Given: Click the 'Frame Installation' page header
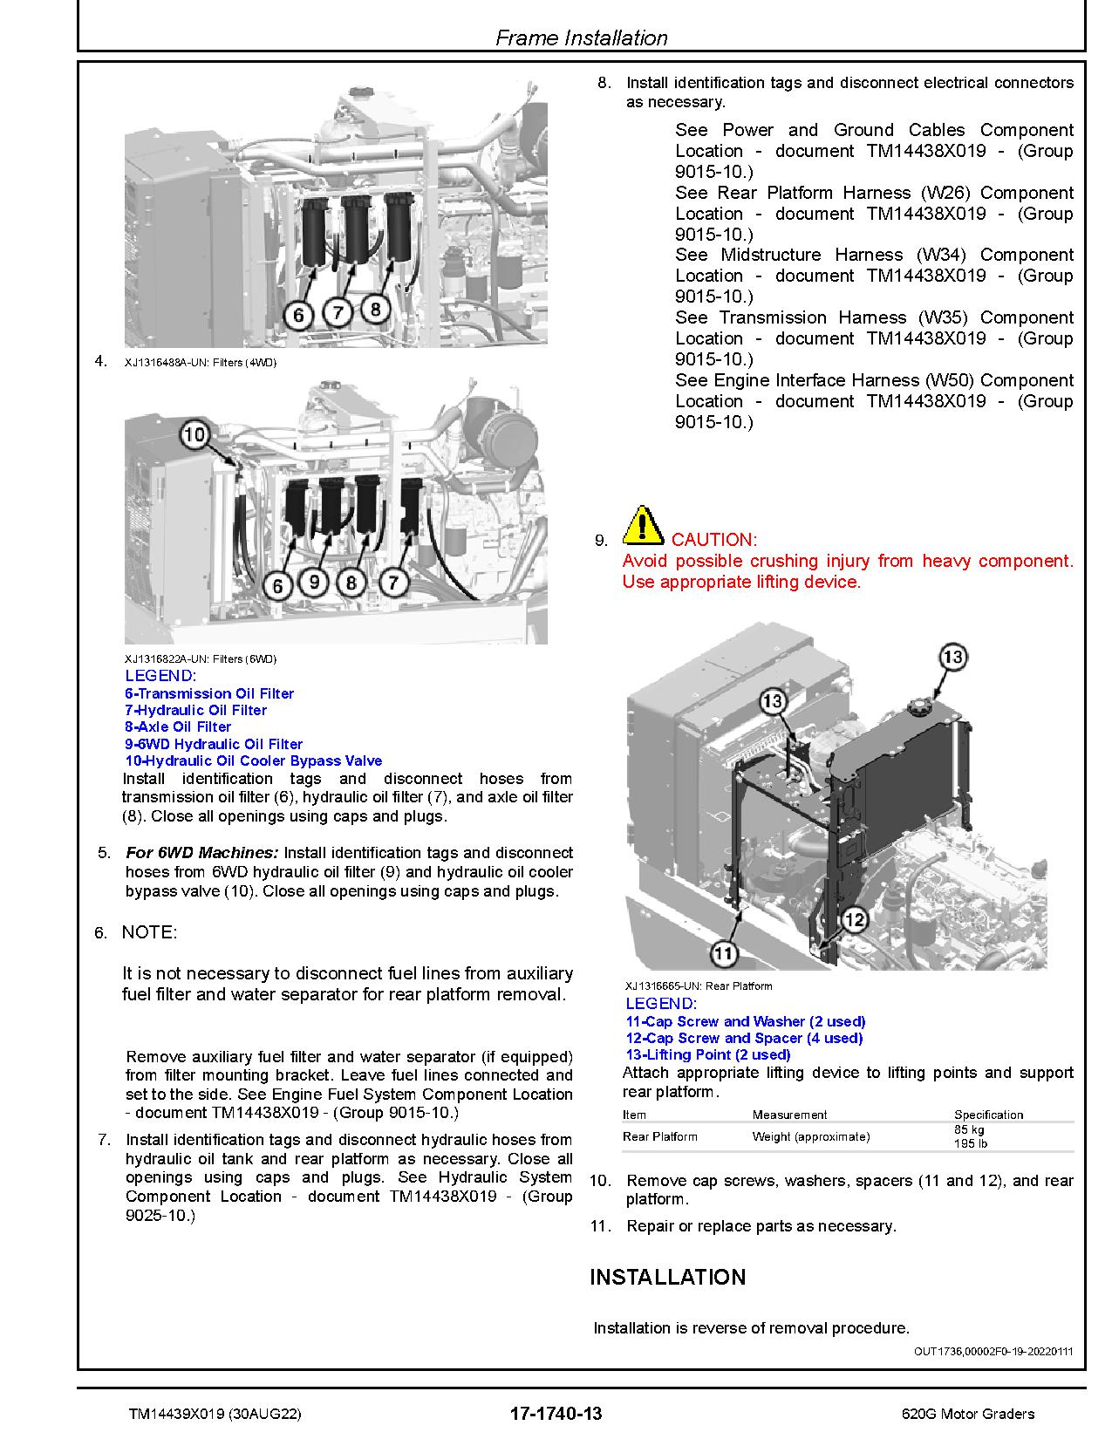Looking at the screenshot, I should pyautogui.click(x=581, y=38).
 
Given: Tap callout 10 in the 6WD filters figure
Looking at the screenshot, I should pyautogui.click(x=195, y=434).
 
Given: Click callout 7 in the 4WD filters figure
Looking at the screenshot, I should pyautogui.click(x=338, y=311).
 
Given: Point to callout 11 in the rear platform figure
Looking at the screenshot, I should pyautogui.click(x=724, y=953).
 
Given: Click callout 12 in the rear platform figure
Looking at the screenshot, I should pyautogui.click(x=855, y=918).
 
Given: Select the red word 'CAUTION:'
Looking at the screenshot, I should pyautogui.click(x=714, y=540).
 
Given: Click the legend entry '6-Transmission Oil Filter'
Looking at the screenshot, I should pyautogui.click(x=209, y=693).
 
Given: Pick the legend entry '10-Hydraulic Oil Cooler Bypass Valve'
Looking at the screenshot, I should pyautogui.click(x=254, y=760).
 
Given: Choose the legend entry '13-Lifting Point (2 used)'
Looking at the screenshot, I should pyautogui.click(x=708, y=1054).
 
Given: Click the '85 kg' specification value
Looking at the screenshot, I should pyautogui.click(x=969, y=1130).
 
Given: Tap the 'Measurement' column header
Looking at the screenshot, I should pyautogui.click(x=790, y=1115).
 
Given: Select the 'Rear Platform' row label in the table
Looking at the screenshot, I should pyautogui.click(x=660, y=1136).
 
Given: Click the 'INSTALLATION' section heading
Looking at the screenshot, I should pyautogui.click(x=668, y=1277).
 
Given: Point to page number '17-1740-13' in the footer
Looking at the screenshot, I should pyautogui.click(x=556, y=1414).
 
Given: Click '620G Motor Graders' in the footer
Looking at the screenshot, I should pyautogui.click(x=968, y=1414).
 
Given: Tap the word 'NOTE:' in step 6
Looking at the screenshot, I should pyautogui.click(x=149, y=932).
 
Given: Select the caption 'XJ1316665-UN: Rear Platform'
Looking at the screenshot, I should pyautogui.click(x=699, y=986).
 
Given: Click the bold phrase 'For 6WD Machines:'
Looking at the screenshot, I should pyautogui.click(x=202, y=853).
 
